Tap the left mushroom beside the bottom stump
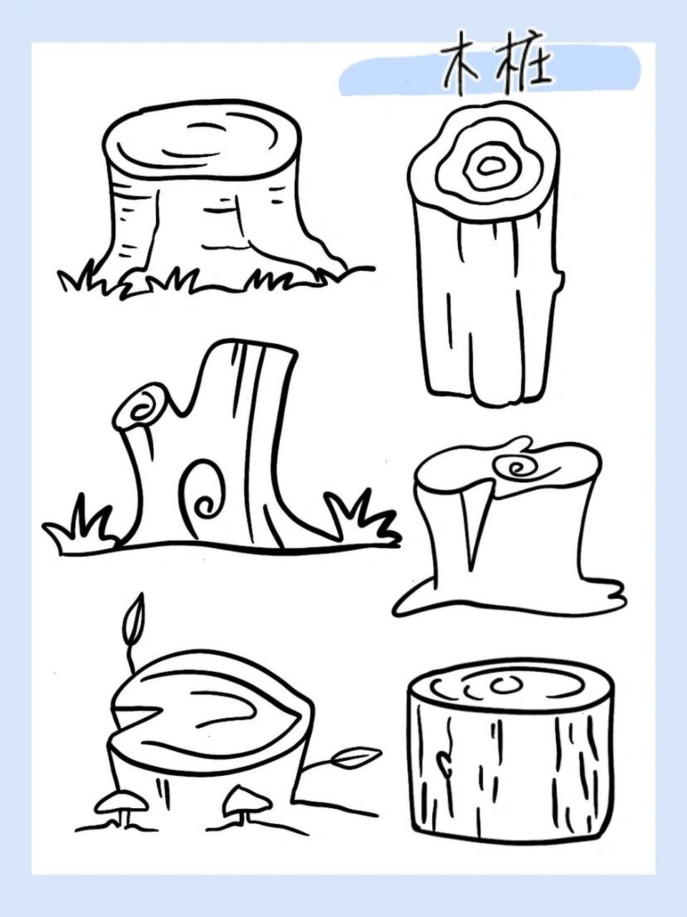(120, 803)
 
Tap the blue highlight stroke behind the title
(490, 71)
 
